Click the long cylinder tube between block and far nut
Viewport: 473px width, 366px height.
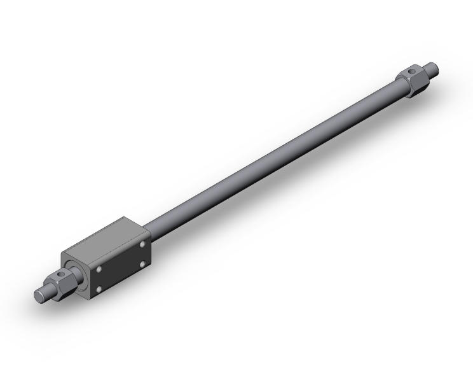point(273,159)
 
